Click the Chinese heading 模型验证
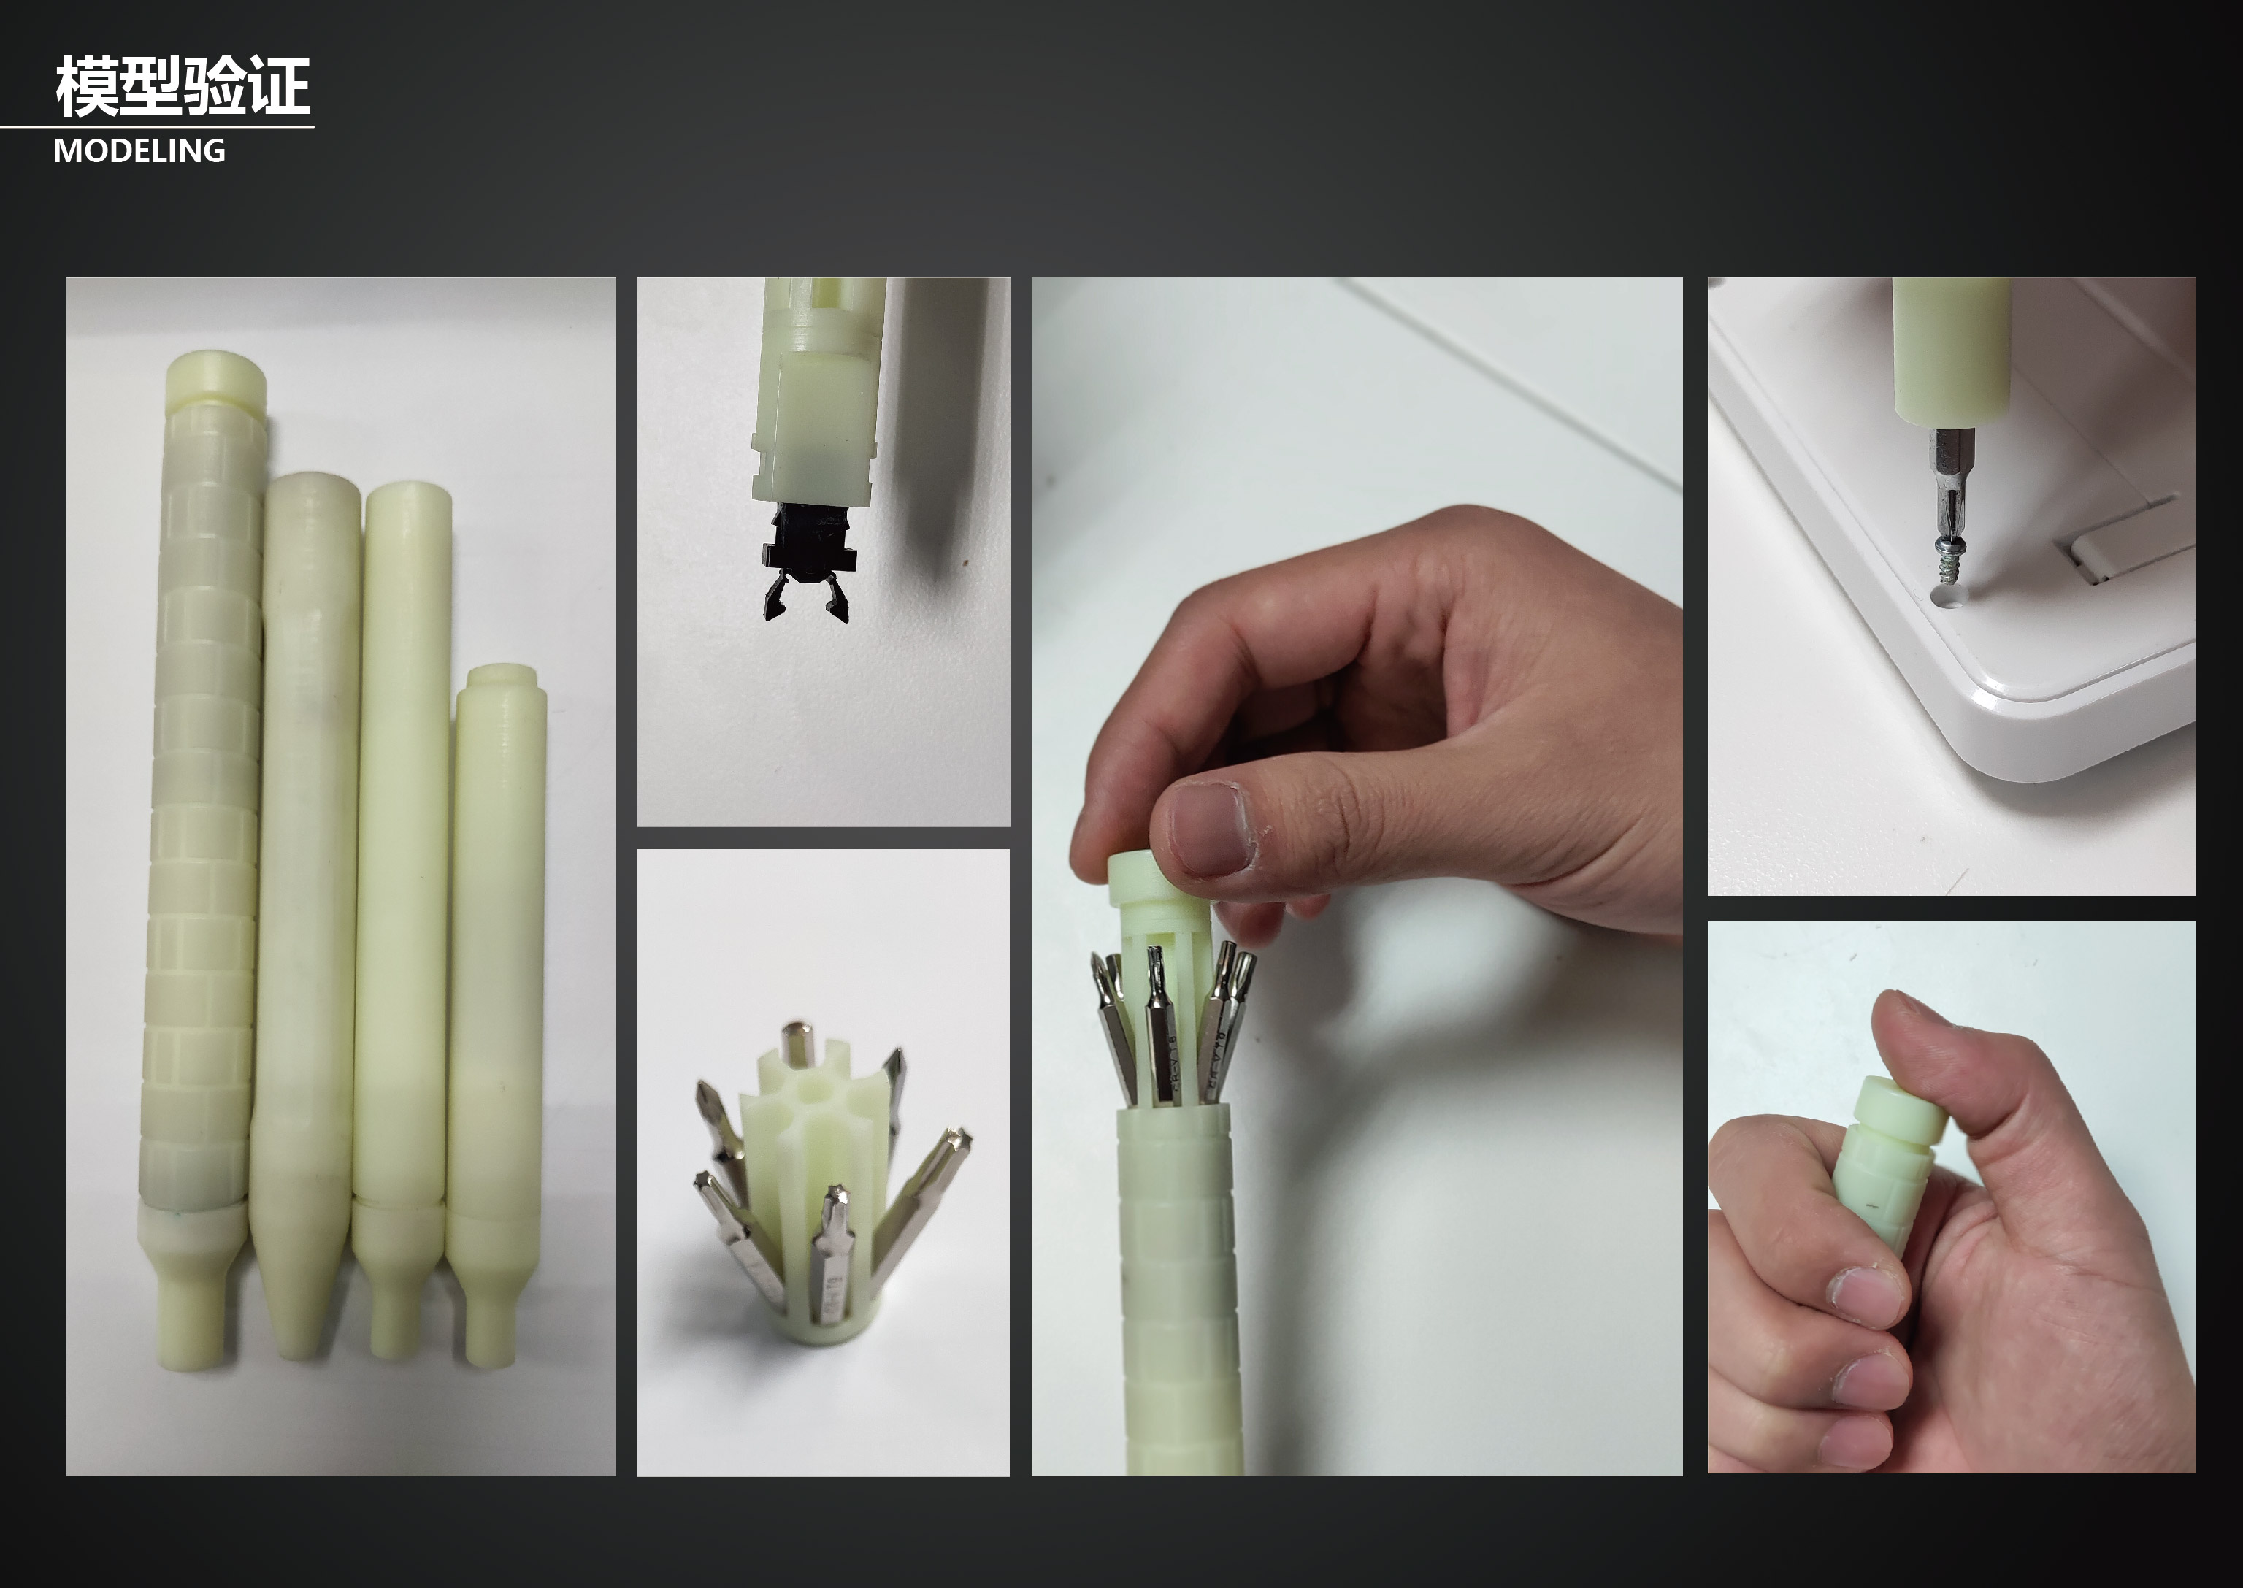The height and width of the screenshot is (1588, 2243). click(x=183, y=86)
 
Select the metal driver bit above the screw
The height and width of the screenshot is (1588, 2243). click(x=1952, y=484)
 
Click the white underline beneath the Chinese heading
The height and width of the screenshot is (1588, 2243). click(x=156, y=126)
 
